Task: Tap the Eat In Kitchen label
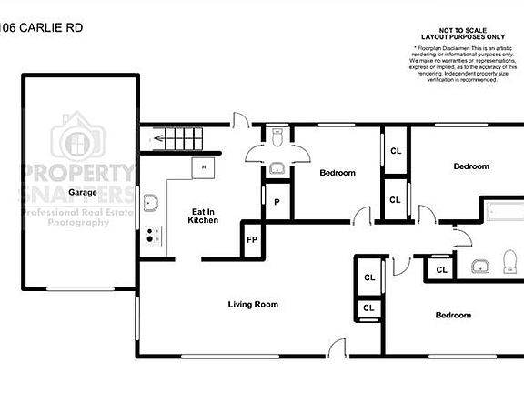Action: click(x=203, y=215)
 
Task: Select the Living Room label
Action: click(x=253, y=304)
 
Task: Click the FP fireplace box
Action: click(x=252, y=241)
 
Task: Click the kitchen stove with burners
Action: click(x=154, y=236)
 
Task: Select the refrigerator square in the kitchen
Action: click(x=203, y=167)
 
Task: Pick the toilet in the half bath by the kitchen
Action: click(x=278, y=137)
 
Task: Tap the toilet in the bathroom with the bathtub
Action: click(x=508, y=266)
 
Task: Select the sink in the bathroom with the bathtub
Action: click(x=479, y=266)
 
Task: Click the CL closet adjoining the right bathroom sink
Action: click(x=440, y=270)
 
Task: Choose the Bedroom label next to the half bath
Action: click(x=337, y=172)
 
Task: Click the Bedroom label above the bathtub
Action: click(x=471, y=166)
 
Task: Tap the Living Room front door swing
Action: click(x=338, y=347)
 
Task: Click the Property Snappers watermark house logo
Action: click(x=77, y=138)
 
